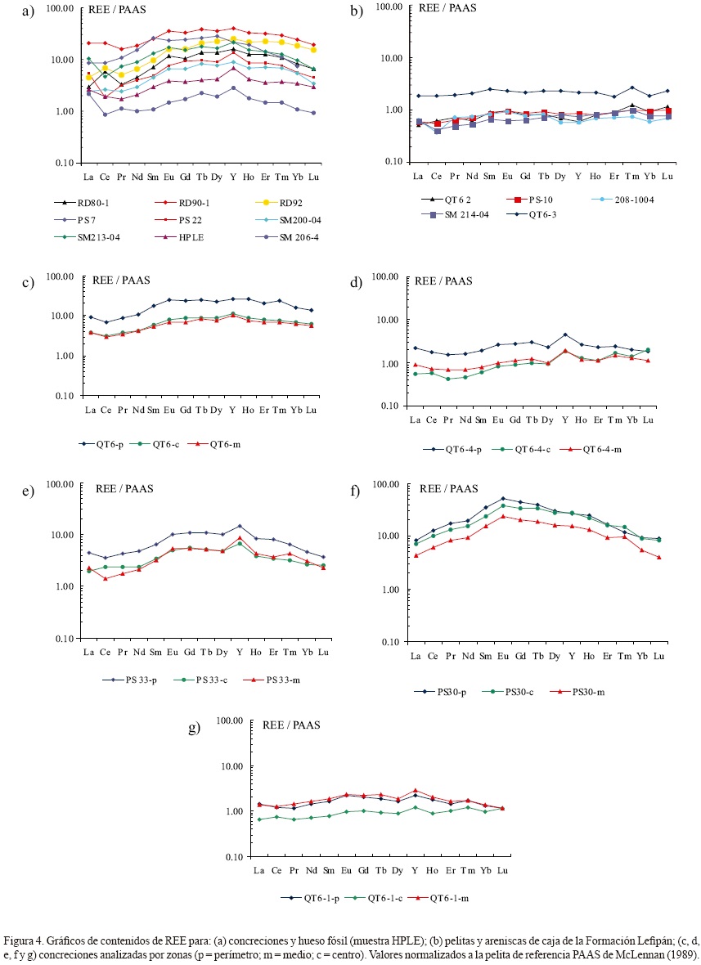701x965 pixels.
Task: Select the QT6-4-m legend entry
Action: tap(599, 449)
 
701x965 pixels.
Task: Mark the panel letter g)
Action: tap(195, 726)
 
